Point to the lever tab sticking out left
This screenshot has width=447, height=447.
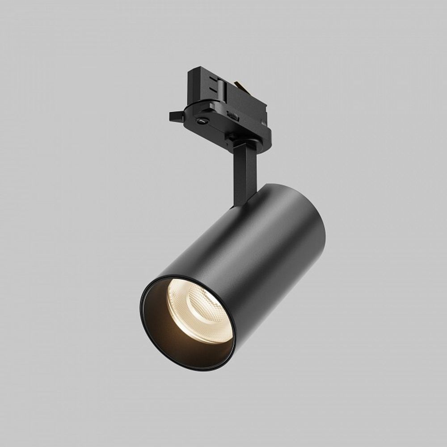pos(176,116)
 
